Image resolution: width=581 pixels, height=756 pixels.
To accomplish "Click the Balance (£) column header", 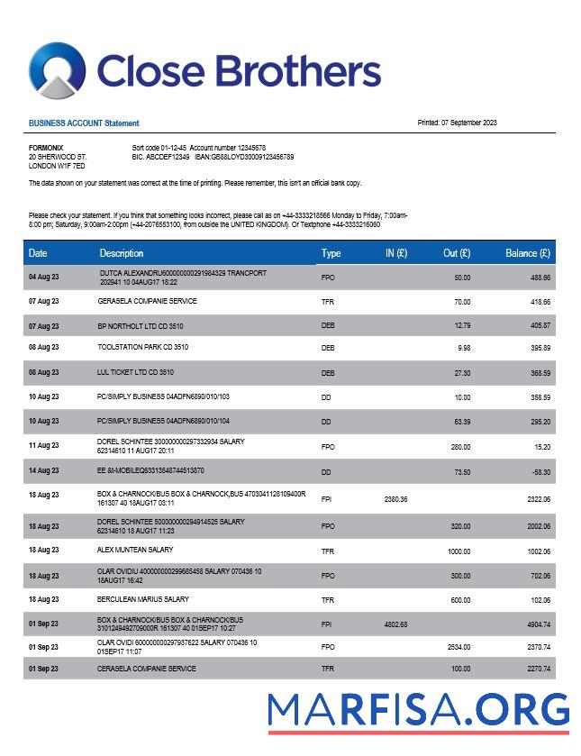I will [528, 253].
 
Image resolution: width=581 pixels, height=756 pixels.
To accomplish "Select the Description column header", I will [122, 253].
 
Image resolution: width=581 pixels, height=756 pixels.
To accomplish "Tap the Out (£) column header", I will [457, 253].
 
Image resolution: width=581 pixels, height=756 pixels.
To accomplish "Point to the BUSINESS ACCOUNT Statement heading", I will [84, 123].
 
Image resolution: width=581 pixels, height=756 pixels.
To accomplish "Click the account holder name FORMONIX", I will [46, 148].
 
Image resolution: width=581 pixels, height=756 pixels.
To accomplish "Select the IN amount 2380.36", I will [395, 499].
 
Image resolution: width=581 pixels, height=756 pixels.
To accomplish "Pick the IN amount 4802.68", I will [395, 624].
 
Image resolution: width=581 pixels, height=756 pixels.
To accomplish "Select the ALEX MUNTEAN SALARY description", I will [135, 550].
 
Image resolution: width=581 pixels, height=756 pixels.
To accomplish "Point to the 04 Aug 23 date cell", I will [43, 277].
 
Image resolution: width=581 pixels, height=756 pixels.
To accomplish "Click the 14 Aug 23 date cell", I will [43, 471].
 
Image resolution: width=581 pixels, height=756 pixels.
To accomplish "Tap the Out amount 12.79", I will [462, 325].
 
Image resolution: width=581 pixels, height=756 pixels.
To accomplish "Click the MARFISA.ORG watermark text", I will [419, 709].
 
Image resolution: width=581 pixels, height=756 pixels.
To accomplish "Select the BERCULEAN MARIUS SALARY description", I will [143, 599].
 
